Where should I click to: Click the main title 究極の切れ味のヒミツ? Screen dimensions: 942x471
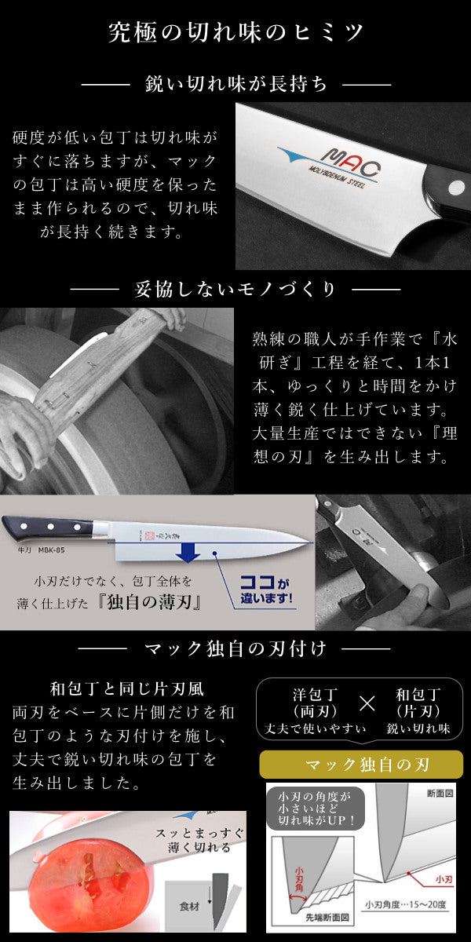pyautogui.click(x=235, y=33)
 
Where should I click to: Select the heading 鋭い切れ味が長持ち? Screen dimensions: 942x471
pyautogui.click(x=236, y=84)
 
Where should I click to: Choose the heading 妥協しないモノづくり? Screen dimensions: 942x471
pyautogui.click(x=235, y=289)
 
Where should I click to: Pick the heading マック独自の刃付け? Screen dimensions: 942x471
pyautogui.click(x=235, y=649)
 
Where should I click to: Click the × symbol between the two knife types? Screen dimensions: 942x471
pyautogui.click(x=367, y=702)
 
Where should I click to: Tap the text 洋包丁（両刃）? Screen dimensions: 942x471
pyautogui.click(x=314, y=703)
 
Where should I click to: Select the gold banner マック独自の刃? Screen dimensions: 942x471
pyautogui.click(x=361, y=765)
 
